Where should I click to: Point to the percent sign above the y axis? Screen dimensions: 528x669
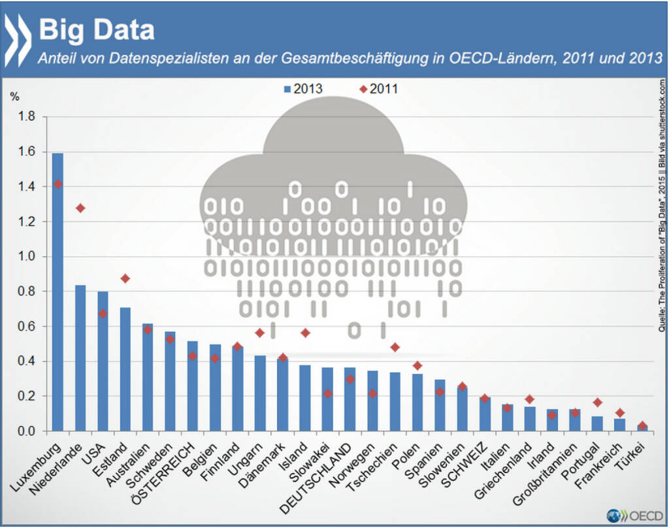coord(14,95)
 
